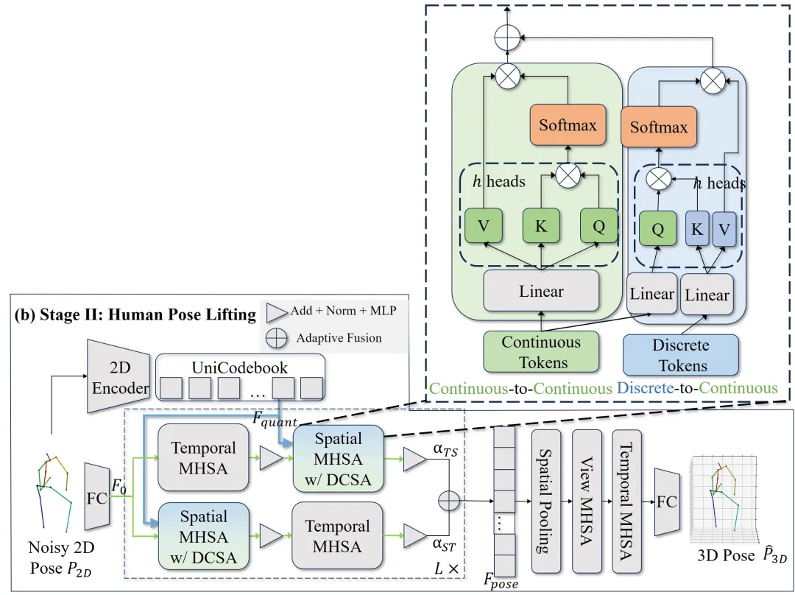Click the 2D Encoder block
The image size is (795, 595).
[x=119, y=376]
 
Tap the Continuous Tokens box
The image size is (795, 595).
[x=541, y=352]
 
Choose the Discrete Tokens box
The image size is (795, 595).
[x=680, y=355]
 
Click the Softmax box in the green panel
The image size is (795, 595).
[x=567, y=124]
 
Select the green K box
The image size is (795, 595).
[x=541, y=226]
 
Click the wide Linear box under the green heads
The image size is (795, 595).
[x=541, y=291]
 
